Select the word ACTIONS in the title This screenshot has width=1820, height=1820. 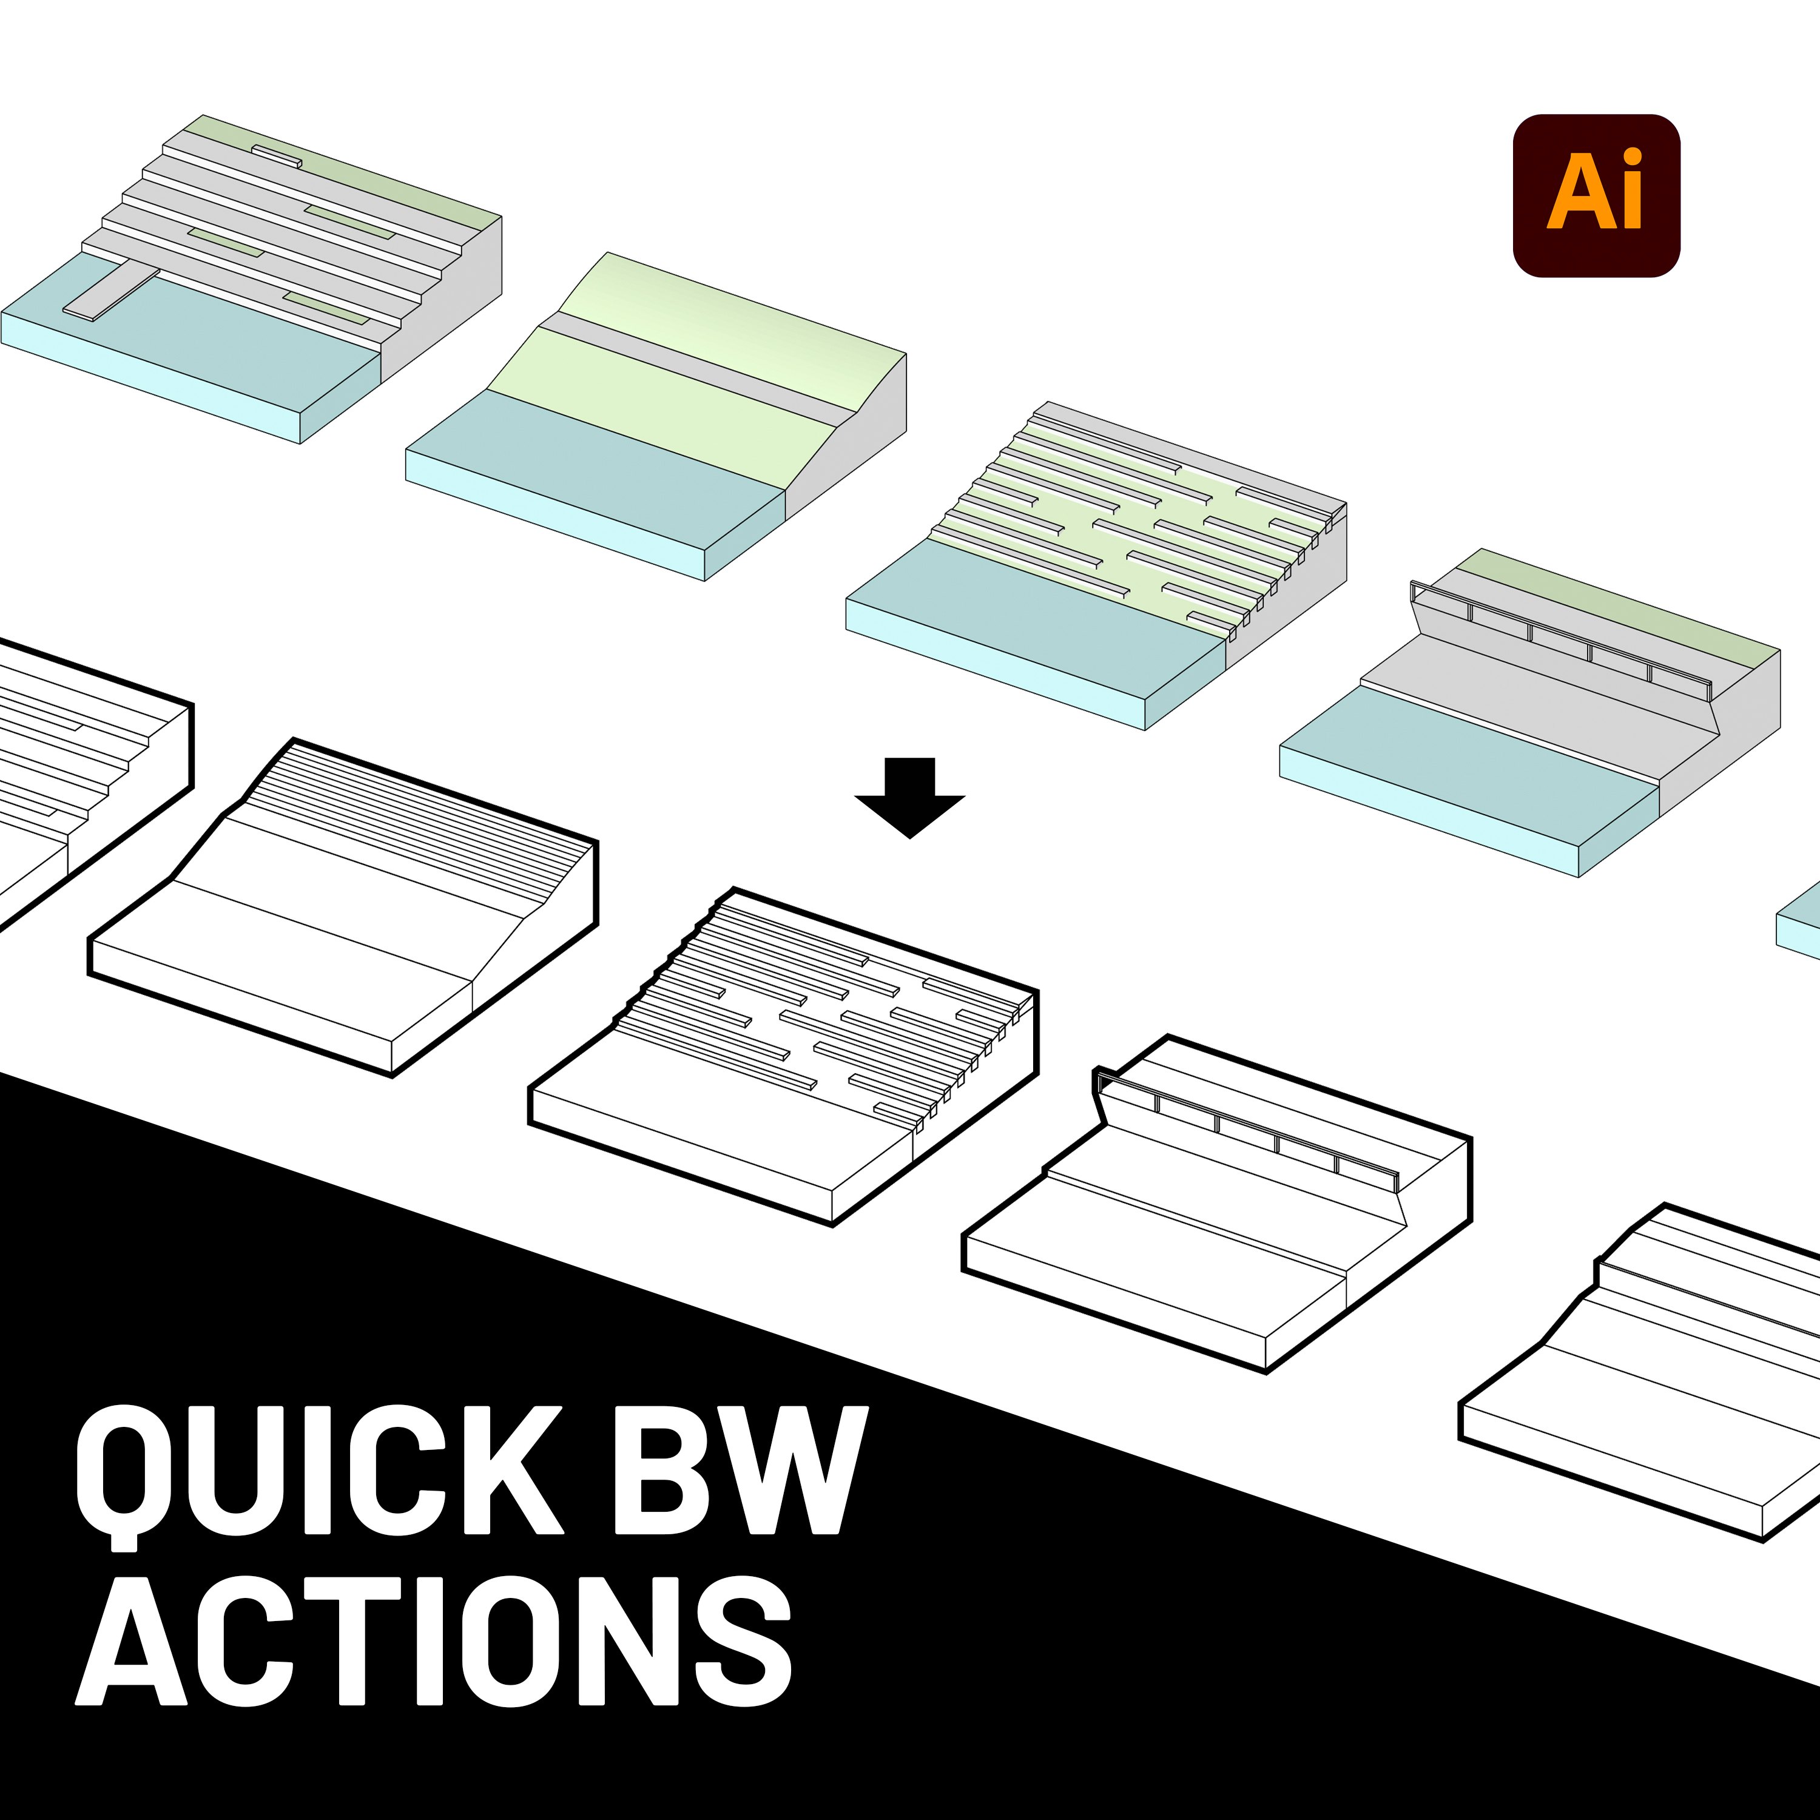[433, 1640]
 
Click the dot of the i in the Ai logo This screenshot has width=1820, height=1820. [1633, 157]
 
